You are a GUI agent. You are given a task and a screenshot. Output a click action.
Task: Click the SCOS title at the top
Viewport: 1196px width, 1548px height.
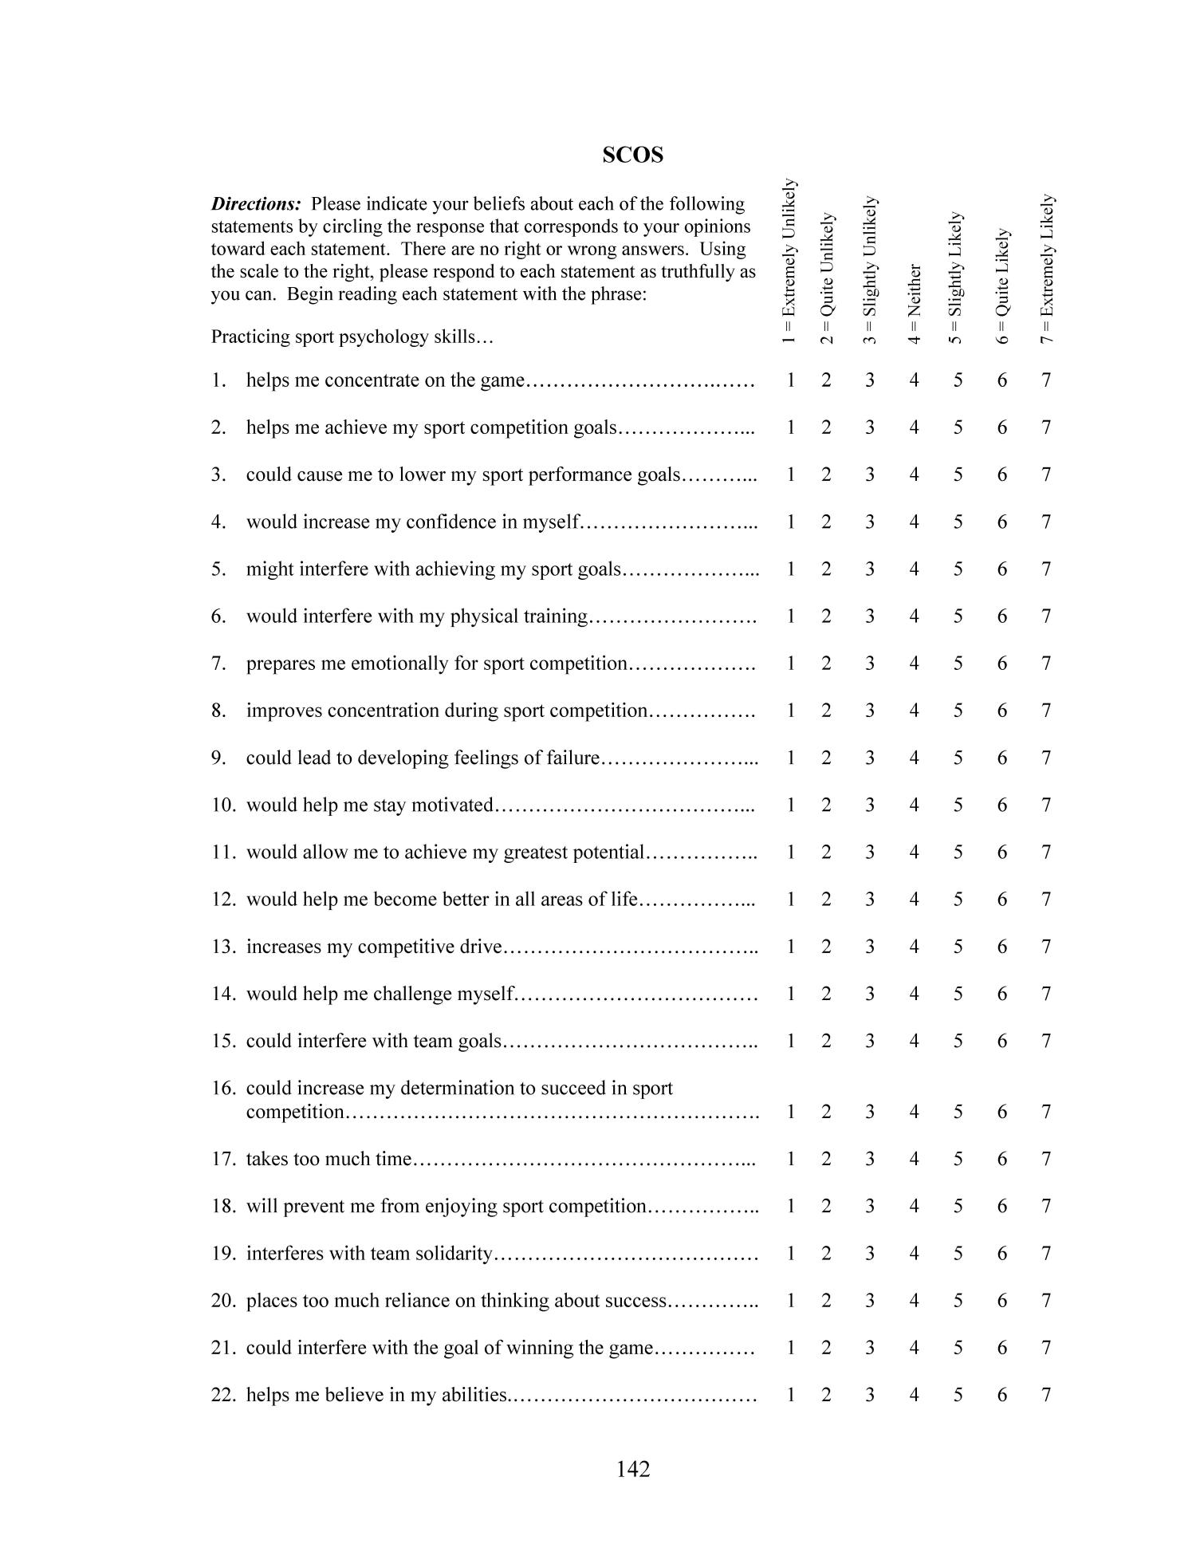tap(632, 155)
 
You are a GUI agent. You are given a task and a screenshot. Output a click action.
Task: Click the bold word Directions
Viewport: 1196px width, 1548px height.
tap(255, 204)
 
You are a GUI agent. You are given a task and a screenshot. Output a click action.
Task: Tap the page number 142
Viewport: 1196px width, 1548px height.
tap(633, 1468)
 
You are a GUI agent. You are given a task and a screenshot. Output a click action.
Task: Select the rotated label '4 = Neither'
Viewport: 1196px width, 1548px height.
tap(915, 303)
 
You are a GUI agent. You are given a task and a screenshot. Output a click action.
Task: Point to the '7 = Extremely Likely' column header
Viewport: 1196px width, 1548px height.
tap(1047, 268)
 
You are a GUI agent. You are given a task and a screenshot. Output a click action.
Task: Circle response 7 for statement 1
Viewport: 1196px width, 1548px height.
tap(1046, 380)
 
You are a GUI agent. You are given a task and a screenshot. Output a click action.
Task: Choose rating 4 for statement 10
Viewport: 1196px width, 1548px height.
tap(914, 806)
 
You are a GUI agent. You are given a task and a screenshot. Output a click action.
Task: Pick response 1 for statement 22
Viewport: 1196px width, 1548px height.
tap(790, 1395)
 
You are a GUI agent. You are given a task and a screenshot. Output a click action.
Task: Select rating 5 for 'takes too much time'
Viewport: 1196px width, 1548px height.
tap(958, 1159)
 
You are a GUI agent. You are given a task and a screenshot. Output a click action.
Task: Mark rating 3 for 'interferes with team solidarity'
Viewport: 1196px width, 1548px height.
tap(869, 1254)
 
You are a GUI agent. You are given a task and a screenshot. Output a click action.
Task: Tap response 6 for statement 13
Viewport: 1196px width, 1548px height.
tap(1002, 947)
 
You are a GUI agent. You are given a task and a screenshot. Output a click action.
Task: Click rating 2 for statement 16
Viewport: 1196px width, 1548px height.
tap(826, 1112)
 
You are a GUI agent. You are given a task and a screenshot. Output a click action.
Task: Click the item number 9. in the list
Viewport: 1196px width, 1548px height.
tap(219, 758)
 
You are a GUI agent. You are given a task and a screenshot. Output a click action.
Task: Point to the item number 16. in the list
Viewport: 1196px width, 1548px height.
tap(223, 1089)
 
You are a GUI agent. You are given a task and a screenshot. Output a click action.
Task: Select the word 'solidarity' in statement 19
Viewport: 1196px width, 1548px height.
tap(454, 1254)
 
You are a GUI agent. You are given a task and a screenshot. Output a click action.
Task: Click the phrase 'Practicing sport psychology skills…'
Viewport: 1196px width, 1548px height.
tap(352, 337)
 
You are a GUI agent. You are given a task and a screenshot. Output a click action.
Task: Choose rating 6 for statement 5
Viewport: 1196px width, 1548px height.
tap(1002, 569)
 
